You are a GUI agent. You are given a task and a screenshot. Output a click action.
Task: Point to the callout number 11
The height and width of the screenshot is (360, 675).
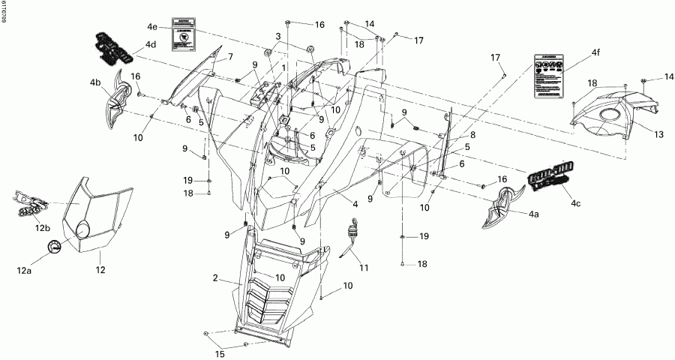(364, 268)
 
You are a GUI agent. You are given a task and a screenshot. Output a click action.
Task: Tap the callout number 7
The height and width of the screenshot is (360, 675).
(230, 57)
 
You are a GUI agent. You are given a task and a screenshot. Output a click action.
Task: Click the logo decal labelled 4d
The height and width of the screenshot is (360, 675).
(116, 47)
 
